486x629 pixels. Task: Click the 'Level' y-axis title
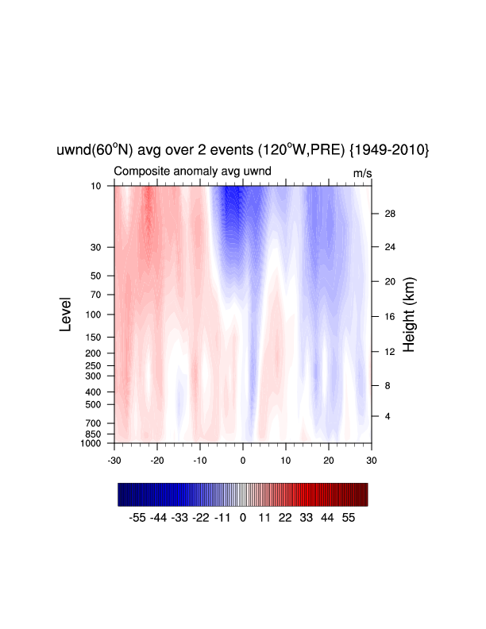(x=65, y=314)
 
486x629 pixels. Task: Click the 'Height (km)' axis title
(x=409, y=314)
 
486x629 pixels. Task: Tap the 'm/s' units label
(x=362, y=173)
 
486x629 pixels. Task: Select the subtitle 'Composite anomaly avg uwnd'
(x=192, y=172)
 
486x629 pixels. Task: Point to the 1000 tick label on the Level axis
(x=91, y=443)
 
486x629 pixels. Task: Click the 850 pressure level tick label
(x=93, y=434)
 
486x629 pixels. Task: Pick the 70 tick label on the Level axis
(x=96, y=295)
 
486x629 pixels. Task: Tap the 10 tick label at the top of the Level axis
(x=96, y=186)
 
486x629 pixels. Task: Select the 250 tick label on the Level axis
(x=93, y=365)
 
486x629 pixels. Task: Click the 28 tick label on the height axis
(x=390, y=214)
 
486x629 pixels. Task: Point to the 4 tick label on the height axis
(x=388, y=416)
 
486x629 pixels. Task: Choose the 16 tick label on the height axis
(x=390, y=317)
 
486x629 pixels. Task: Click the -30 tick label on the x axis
(x=114, y=461)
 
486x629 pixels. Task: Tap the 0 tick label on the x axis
(x=242, y=461)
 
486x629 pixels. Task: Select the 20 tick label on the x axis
(x=329, y=461)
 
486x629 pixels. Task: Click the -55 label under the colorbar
(x=137, y=518)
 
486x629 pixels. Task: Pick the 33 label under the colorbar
(x=306, y=518)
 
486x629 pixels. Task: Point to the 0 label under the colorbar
(x=242, y=518)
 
